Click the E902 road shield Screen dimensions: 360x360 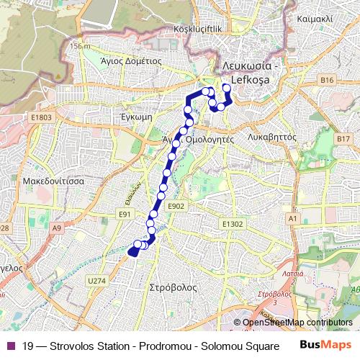[x=176, y=206]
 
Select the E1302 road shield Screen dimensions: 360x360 [x=233, y=224]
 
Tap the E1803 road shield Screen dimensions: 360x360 [x=42, y=117]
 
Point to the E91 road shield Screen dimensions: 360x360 [x=127, y=215]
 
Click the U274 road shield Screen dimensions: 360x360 [x=96, y=281]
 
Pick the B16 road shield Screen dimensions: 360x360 [x=328, y=80]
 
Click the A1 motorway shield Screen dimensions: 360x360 [x=292, y=217]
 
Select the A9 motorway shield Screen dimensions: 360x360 [x=57, y=228]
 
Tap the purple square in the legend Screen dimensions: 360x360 [x=9, y=346]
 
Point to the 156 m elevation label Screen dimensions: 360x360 [x=81, y=46]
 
